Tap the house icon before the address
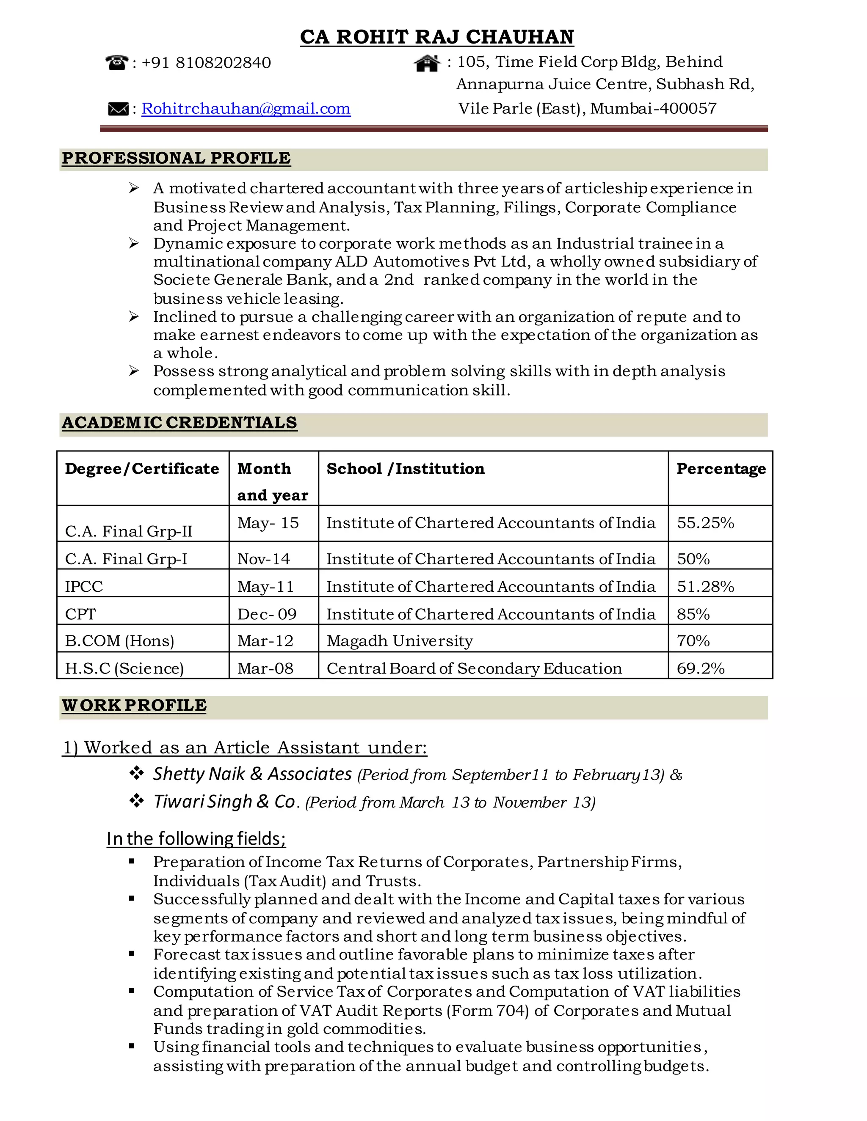click(x=427, y=63)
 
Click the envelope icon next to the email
click(x=118, y=109)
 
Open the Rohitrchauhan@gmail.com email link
click(x=246, y=109)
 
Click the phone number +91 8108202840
click(x=206, y=63)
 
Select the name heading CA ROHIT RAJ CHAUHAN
click(x=436, y=37)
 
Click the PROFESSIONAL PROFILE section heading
click(x=176, y=158)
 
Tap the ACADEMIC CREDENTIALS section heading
click(x=179, y=423)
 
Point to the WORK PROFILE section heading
click(x=134, y=705)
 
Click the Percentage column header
click(x=721, y=469)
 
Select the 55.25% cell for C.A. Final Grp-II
click(x=705, y=523)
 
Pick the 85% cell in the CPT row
click(x=693, y=614)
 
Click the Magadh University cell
click(x=400, y=640)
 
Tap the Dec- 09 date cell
click(x=267, y=614)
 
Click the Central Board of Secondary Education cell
click(x=474, y=668)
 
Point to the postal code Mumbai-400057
click(x=653, y=108)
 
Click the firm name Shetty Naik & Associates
click(x=252, y=774)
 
